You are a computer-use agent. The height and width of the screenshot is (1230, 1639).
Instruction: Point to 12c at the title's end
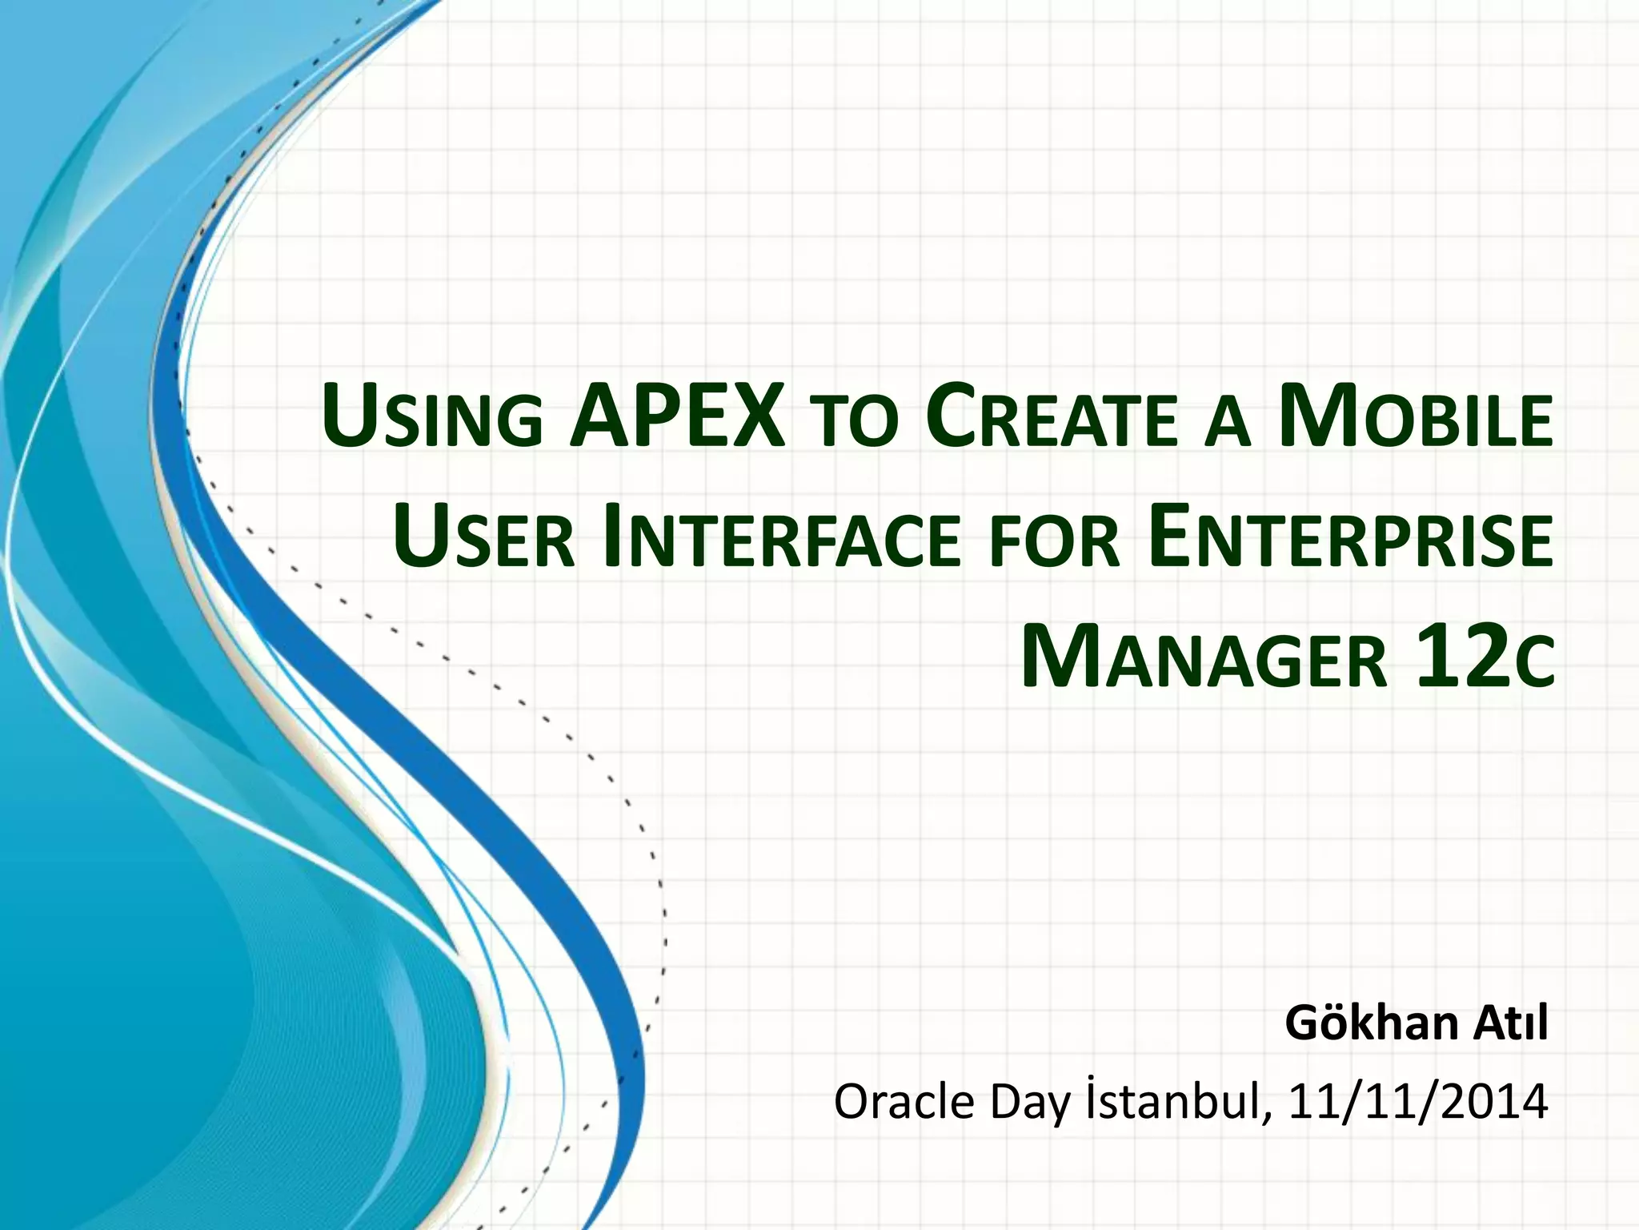click(x=1485, y=660)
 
